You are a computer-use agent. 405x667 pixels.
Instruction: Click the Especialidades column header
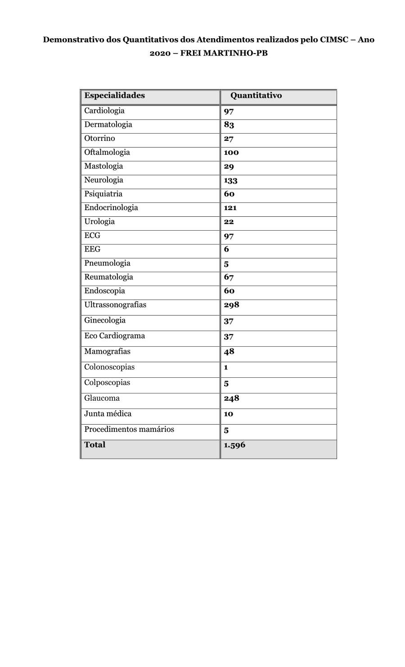(x=114, y=95)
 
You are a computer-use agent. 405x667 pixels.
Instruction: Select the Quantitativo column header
(x=256, y=95)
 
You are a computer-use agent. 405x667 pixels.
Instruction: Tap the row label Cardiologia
(x=104, y=111)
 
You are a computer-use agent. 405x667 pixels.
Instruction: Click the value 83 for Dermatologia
(x=229, y=125)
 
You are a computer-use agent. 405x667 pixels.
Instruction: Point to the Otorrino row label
(x=99, y=138)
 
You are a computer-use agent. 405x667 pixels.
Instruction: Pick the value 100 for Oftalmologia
(x=231, y=152)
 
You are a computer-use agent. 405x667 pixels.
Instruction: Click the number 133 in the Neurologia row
(x=230, y=180)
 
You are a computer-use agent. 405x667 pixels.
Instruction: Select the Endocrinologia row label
(x=111, y=207)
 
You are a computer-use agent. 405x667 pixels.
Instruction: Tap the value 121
(x=230, y=208)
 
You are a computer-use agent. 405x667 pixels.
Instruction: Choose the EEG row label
(x=92, y=249)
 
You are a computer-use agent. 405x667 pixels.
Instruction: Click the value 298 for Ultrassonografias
(x=231, y=305)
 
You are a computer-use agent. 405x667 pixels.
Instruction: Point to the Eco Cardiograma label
(x=114, y=336)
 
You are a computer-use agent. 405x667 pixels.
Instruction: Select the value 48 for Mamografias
(x=229, y=352)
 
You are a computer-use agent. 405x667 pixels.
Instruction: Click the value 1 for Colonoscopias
(x=226, y=367)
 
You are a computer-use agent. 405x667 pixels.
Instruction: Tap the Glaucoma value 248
(x=231, y=398)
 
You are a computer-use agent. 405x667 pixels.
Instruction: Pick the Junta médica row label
(x=108, y=414)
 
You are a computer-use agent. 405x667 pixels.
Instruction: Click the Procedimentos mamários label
(x=129, y=429)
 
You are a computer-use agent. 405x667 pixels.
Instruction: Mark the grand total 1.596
(x=234, y=445)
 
